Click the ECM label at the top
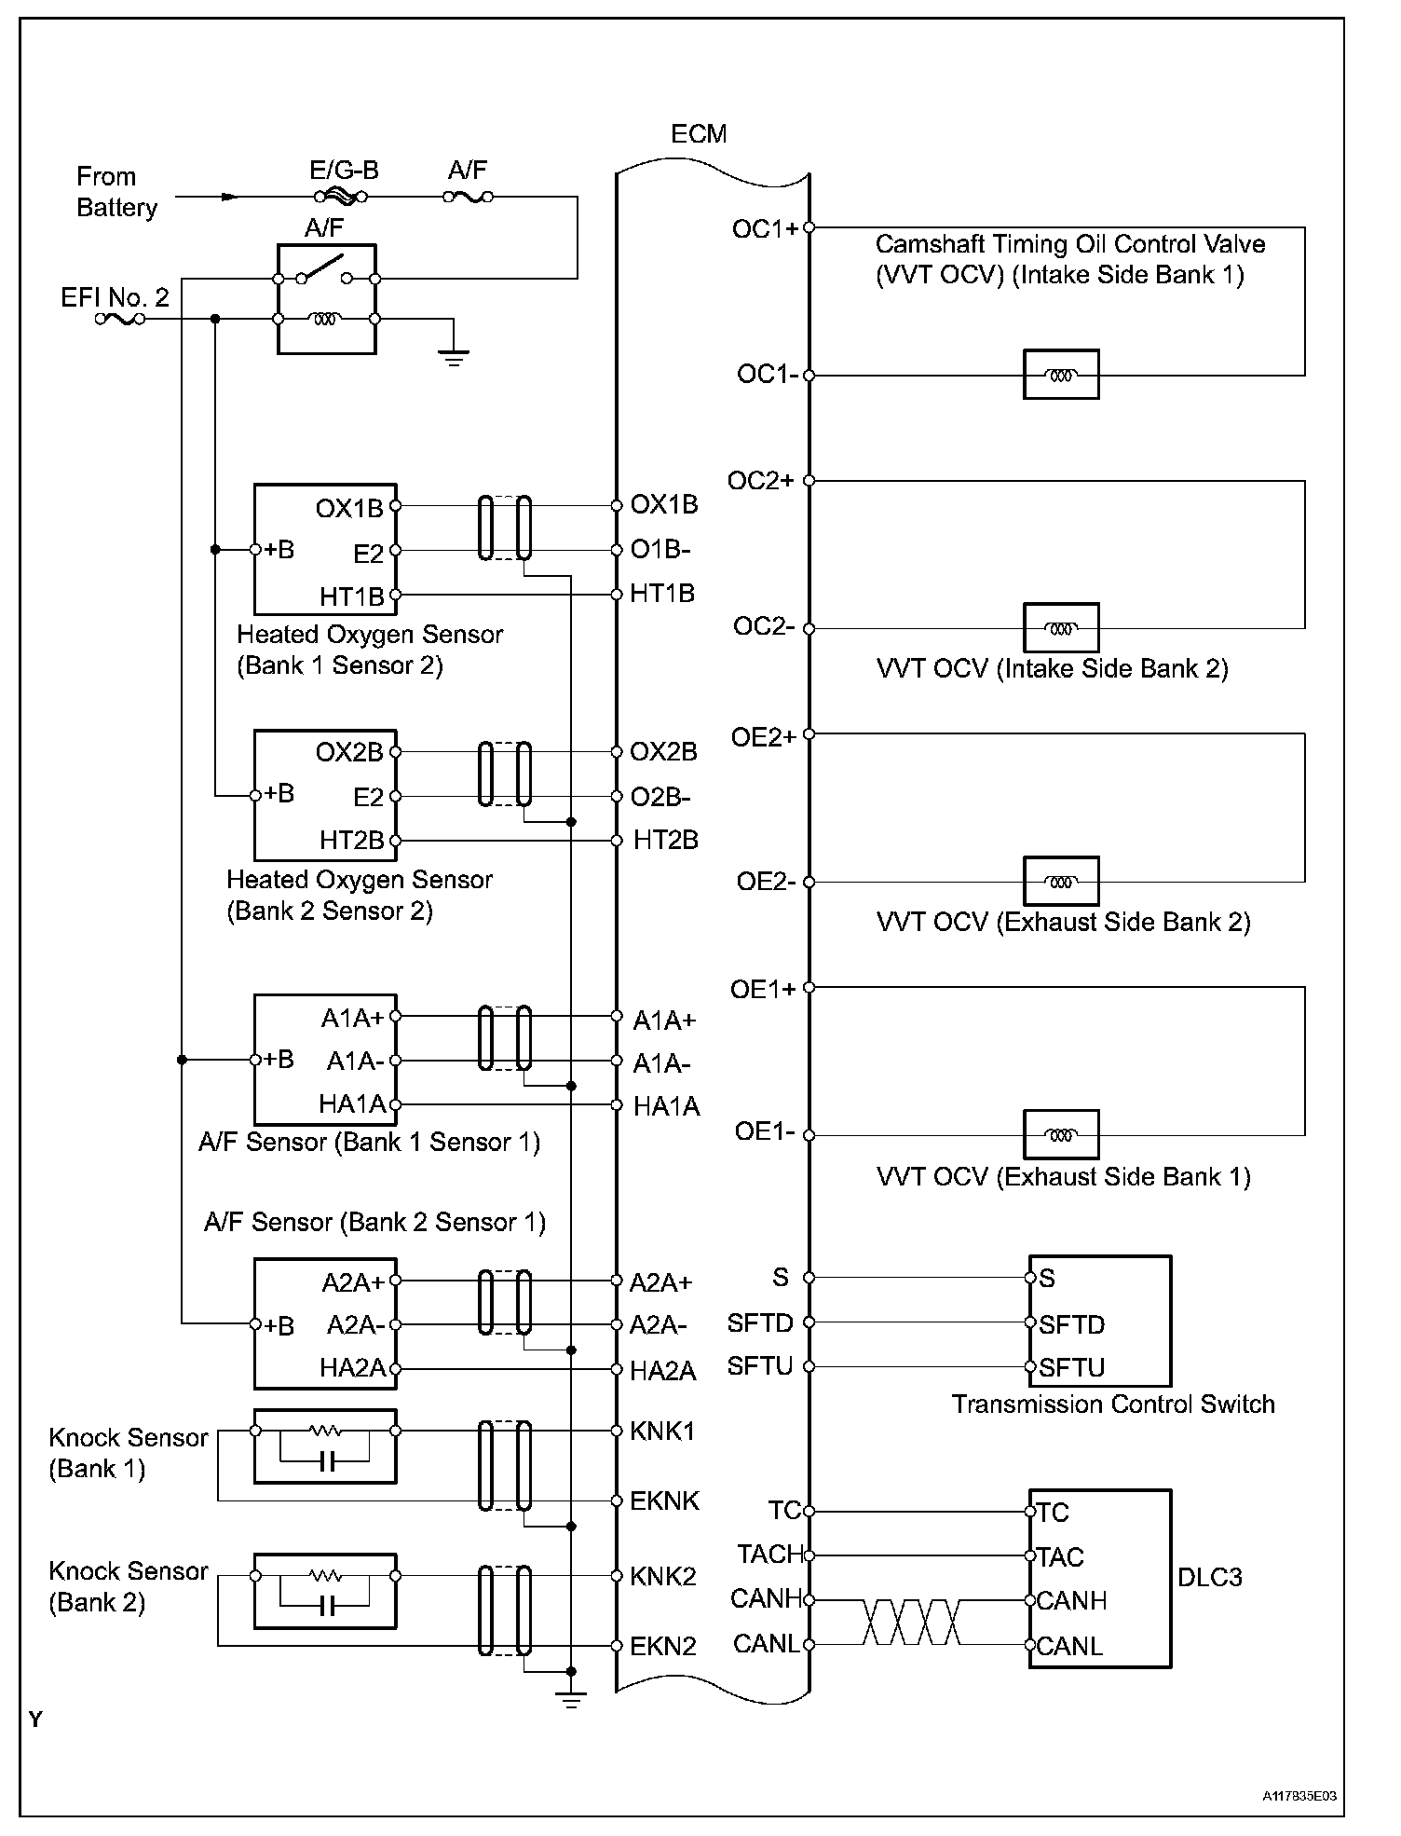pos(698,134)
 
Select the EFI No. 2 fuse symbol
pos(119,319)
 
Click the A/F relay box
pos(326,299)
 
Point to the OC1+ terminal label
pos(765,229)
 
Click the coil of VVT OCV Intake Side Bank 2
pos(1061,628)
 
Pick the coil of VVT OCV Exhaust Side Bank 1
pos(1061,1135)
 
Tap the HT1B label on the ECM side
pos(662,594)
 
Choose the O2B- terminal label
pos(660,798)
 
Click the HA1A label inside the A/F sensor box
pos(352,1104)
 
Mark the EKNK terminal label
pos(664,1501)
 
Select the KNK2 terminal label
pos(663,1576)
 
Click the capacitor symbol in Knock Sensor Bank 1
pos(324,1462)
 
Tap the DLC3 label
pos(1209,1578)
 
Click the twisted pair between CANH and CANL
pos(911,1623)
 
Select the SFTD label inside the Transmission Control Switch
pos(1071,1324)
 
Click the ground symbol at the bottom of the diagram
pos(571,1700)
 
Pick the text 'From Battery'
pos(116,192)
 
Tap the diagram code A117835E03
pos(1299,1795)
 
